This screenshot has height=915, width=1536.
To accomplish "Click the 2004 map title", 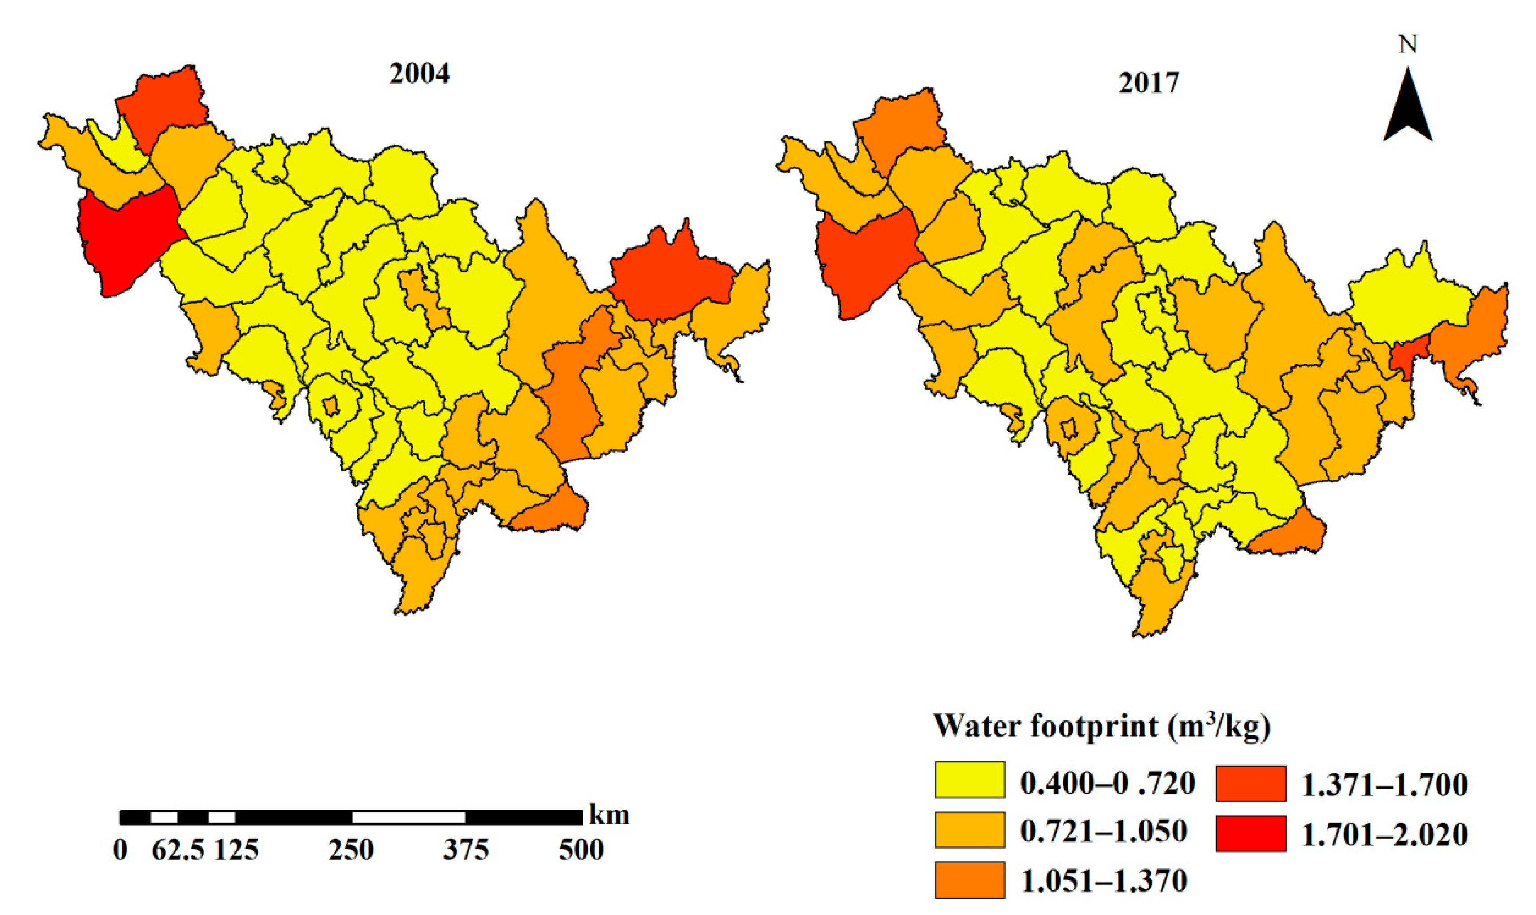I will (x=419, y=74).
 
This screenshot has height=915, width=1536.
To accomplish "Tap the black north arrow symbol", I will (x=1408, y=114).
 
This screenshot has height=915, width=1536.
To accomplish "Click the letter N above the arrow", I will (x=1408, y=45).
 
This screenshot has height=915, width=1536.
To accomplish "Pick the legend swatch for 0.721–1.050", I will (x=969, y=829).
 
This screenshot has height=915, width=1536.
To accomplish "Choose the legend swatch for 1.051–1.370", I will (x=969, y=879).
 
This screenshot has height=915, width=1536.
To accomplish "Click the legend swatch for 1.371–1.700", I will (x=1250, y=783).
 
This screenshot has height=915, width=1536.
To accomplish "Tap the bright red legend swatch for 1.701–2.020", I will (x=1250, y=833).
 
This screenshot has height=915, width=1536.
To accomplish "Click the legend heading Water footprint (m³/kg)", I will (x=1102, y=726).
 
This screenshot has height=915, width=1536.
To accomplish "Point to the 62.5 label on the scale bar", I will (x=178, y=850).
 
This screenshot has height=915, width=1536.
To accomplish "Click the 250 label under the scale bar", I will (x=351, y=850).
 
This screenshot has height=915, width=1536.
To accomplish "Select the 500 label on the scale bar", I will (x=581, y=850).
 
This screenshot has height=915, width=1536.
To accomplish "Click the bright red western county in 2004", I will (x=126, y=240).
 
